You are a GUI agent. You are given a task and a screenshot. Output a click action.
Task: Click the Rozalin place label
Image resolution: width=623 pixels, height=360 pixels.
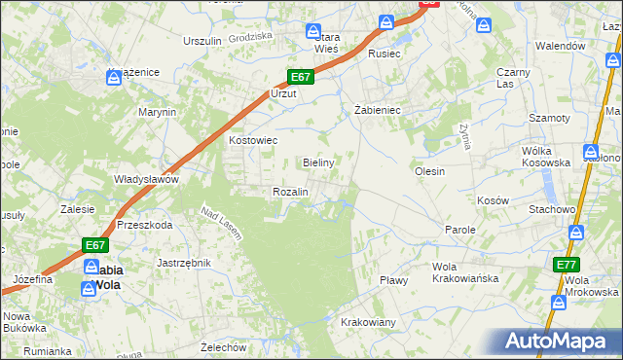point(290,192)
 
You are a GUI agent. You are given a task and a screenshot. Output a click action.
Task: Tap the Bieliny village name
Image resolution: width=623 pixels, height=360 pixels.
point(319,162)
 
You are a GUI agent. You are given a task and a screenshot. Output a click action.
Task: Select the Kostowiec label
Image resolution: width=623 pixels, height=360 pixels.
point(253,140)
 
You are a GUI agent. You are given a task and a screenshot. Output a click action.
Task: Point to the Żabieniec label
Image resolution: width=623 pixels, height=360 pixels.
point(371,110)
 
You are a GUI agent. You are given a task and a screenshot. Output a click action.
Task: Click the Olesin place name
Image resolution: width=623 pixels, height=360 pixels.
point(429,171)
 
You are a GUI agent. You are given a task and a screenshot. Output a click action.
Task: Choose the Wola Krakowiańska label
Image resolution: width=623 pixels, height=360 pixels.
point(465,272)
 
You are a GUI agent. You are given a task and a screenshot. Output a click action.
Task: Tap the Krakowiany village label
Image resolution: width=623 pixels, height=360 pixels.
point(368,322)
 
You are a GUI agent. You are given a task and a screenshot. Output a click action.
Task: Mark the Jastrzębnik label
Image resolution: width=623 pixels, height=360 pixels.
point(184,263)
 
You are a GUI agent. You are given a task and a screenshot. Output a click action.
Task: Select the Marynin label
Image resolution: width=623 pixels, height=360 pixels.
point(157,112)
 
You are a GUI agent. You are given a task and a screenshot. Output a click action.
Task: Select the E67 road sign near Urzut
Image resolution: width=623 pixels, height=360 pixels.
point(300,77)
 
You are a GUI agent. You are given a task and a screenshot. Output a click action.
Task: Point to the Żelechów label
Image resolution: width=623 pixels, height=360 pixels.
point(222,346)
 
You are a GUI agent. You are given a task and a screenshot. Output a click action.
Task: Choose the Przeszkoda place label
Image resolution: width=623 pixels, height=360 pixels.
point(144,224)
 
